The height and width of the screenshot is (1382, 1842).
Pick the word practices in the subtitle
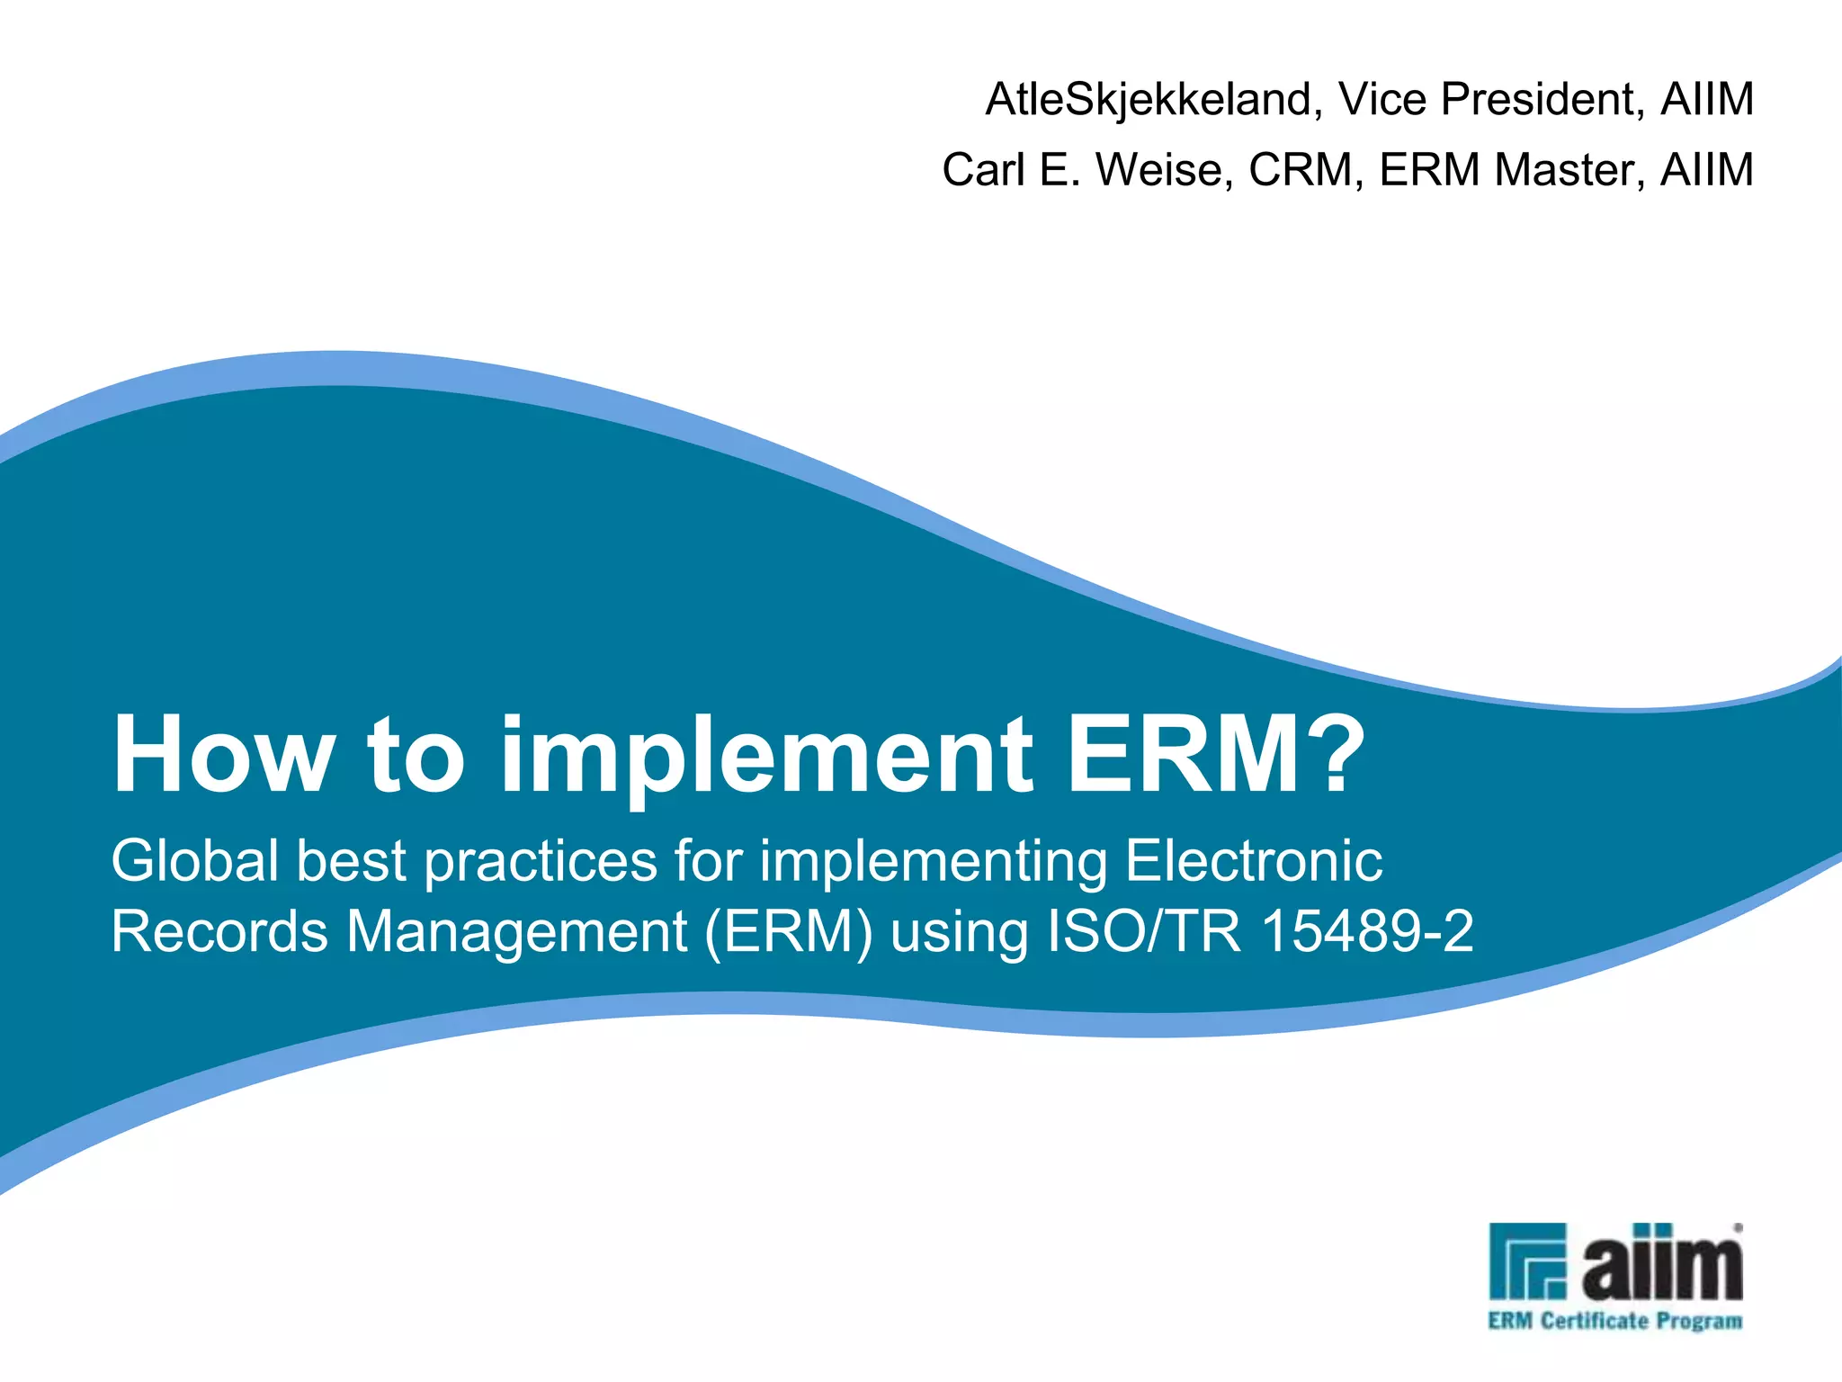541,861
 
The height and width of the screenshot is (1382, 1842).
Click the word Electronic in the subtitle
1254,861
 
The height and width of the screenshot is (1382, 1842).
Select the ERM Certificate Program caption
1615,1321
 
